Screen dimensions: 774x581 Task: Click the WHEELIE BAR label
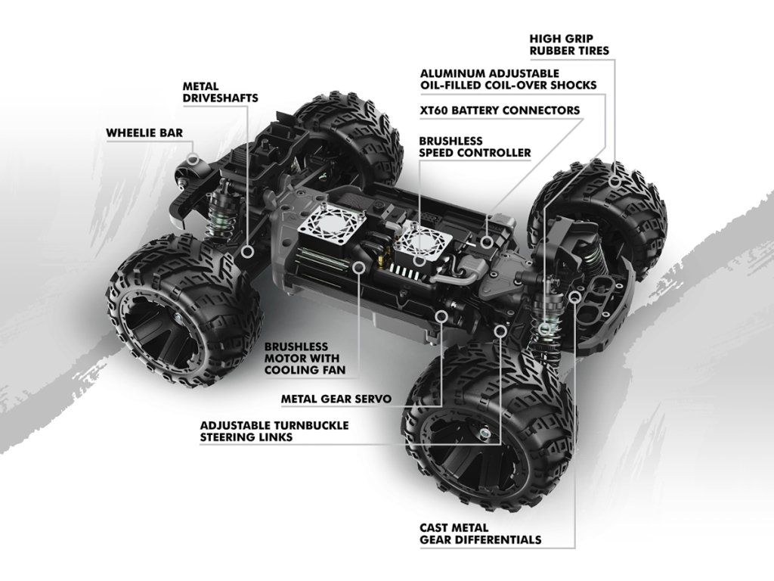click(144, 133)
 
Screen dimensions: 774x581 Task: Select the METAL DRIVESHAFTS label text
click(220, 92)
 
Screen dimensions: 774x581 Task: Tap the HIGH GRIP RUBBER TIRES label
click(569, 44)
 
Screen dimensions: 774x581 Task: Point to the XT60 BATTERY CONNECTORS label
click(500, 110)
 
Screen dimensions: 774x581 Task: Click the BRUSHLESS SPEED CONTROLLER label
click(475, 147)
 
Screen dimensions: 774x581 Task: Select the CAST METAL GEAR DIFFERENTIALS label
click(480, 533)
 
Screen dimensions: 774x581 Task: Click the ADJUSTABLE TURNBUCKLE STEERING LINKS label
click(274, 431)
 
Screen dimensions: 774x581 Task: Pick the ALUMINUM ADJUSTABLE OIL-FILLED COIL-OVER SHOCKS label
click(508, 79)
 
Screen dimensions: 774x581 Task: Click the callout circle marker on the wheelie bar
click(194, 160)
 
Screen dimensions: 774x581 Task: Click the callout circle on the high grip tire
click(616, 182)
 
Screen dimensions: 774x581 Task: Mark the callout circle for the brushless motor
click(358, 266)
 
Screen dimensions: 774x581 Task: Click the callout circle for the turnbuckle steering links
click(500, 331)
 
